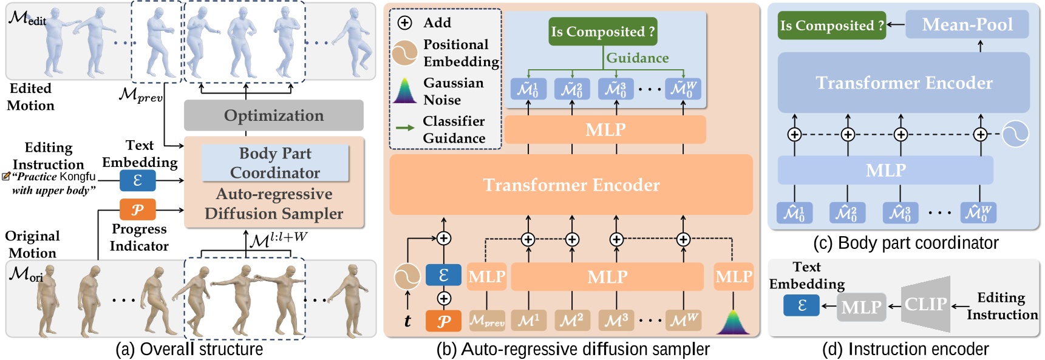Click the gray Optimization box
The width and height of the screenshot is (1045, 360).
pos(273,115)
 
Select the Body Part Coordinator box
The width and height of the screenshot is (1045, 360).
pos(275,163)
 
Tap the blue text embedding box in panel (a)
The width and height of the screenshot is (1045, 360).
pos(137,180)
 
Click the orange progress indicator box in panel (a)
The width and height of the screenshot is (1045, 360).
pos(137,209)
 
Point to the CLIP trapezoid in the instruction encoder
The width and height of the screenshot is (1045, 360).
pos(925,304)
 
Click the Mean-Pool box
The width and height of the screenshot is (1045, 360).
pos(967,25)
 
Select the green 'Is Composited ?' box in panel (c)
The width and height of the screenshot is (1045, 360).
pos(831,25)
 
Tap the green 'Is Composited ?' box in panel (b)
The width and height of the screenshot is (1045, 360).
pos(602,32)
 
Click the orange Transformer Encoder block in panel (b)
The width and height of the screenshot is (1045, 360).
pos(571,185)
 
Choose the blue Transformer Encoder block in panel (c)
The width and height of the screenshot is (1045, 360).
pos(903,83)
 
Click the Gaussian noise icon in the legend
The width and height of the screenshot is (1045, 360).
pos(404,91)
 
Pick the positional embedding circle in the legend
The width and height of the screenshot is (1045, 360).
pos(404,53)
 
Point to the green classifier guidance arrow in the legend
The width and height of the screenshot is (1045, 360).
pos(405,128)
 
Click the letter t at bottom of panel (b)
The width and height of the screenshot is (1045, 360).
pos(407,321)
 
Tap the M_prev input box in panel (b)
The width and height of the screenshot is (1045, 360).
pos(487,321)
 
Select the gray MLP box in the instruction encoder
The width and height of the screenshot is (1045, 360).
pos(861,307)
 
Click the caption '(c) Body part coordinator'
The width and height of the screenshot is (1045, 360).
pos(905,243)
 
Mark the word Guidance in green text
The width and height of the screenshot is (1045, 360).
pos(637,58)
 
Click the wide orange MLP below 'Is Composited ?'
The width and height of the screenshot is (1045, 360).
pos(605,129)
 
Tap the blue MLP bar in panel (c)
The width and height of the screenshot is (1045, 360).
pos(885,170)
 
